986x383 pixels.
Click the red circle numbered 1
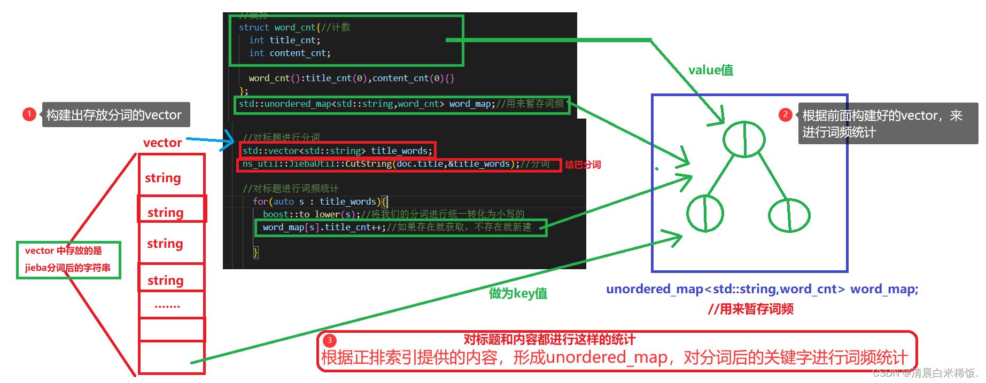[29, 114]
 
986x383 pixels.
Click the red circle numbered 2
[785, 114]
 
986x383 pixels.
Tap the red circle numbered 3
[330, 340]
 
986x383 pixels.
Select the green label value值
[710, 70]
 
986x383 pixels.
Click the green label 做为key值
[518, 293]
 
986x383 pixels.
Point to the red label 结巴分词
[583, 165]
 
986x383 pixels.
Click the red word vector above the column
[162, 143]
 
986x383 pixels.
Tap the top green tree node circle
[744, 139]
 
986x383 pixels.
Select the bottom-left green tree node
[705, 213]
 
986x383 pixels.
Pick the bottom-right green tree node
[789, 215]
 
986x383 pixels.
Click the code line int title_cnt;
[284, 40]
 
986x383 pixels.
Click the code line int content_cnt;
[290, 53]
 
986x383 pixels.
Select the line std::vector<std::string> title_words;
[337, 151]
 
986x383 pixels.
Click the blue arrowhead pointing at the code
[230, 141]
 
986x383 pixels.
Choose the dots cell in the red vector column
[167, 306]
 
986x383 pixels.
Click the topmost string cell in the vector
[163, 177]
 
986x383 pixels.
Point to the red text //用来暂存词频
[750, 309]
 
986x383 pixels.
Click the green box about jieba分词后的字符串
[68, 260]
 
